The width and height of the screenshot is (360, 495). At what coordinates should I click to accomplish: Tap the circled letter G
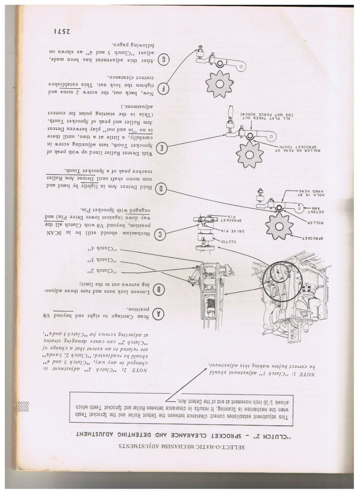tap(164, 59)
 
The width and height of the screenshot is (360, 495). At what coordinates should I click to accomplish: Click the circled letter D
tap(162, 189)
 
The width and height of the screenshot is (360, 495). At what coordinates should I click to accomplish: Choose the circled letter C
tap(161, 234)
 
